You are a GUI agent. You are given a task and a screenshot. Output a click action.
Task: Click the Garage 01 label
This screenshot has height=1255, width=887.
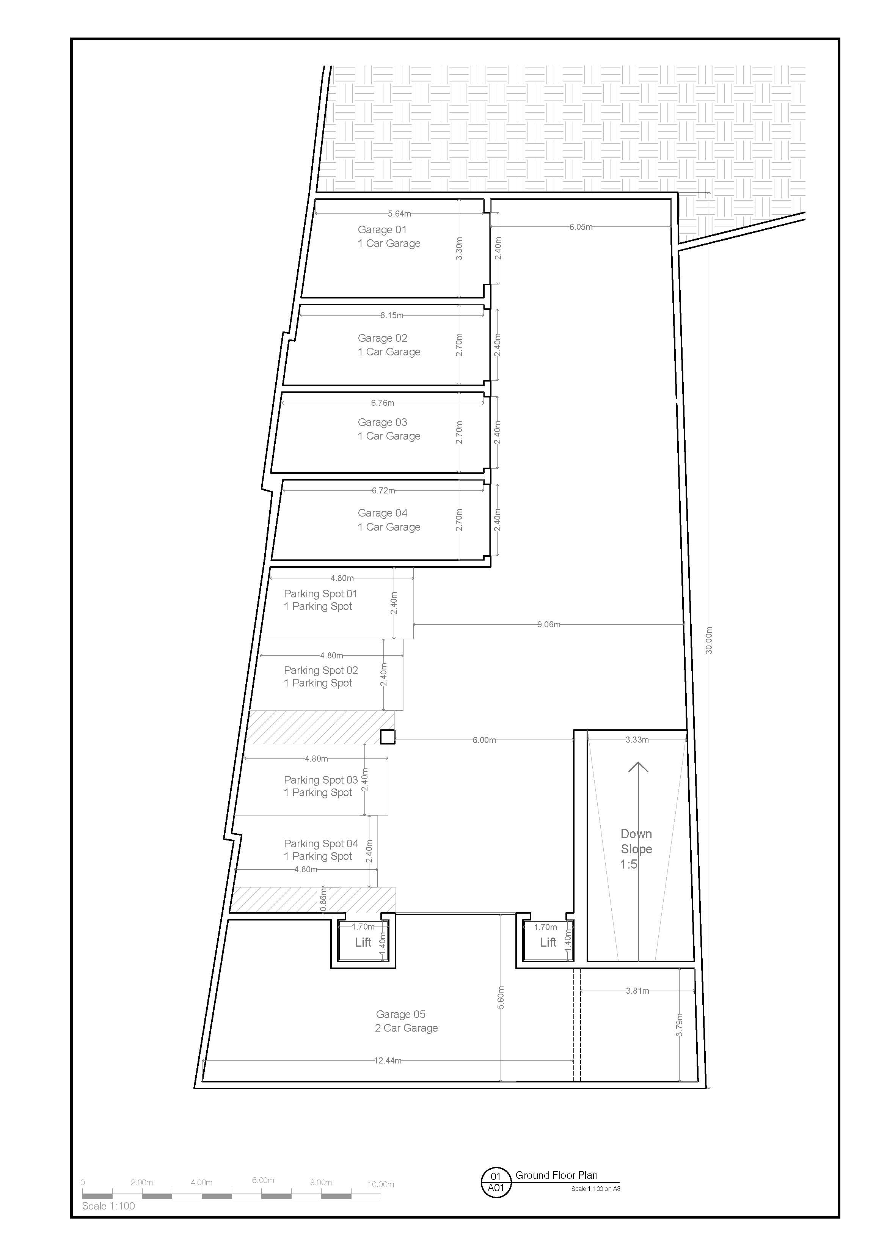coord(382,230)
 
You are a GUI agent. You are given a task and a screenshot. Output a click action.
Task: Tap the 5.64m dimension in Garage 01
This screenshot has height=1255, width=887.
coord(399,214)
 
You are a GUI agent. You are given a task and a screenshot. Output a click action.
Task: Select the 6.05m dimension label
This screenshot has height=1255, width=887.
coord(581,227)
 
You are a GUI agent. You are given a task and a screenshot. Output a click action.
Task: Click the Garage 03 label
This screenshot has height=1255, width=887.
coord(382,423)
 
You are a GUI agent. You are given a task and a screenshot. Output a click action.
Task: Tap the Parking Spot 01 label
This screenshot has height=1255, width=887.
coord(320,594)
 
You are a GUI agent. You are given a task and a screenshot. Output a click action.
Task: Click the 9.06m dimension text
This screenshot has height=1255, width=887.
coord(548,624)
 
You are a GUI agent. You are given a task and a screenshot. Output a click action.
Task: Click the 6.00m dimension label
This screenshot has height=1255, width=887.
coord(484,740)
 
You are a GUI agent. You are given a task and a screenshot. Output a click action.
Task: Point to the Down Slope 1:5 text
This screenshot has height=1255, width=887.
coord(636,849)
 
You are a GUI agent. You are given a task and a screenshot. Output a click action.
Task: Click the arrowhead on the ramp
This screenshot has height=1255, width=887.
coord(638,767)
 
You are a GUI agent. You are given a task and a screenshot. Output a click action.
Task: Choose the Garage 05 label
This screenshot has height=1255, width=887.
coord(400,1015)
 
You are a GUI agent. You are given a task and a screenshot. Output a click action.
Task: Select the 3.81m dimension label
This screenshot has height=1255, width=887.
coord(637,990)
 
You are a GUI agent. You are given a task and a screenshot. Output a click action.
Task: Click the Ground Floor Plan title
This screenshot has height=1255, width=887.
coord(556,1175)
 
